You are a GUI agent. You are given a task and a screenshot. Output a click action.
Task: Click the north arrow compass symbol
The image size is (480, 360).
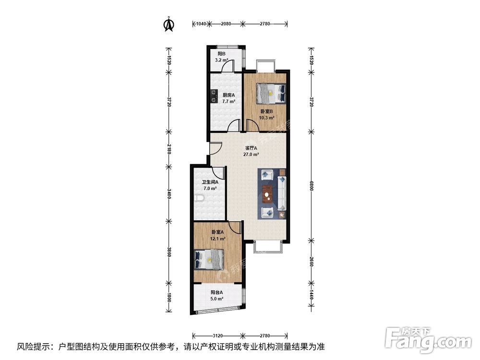coord(169,24)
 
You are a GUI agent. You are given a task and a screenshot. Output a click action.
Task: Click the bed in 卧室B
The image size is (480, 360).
coord(271,93)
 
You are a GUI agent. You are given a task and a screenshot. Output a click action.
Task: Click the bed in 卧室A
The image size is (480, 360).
coord(209,260)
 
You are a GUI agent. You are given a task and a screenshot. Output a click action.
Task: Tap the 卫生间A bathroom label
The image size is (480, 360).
coord(210,182)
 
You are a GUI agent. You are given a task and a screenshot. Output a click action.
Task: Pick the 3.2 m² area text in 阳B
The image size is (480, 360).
coord(221,60)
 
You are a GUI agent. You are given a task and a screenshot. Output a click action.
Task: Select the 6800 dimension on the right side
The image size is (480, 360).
coord(312,186)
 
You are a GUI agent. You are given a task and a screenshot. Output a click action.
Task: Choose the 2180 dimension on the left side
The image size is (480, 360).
coord(168,148)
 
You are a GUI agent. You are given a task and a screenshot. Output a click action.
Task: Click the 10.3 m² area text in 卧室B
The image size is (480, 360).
coord(267,118)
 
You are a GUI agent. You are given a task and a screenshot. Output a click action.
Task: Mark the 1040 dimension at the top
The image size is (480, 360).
coord(201,24)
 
